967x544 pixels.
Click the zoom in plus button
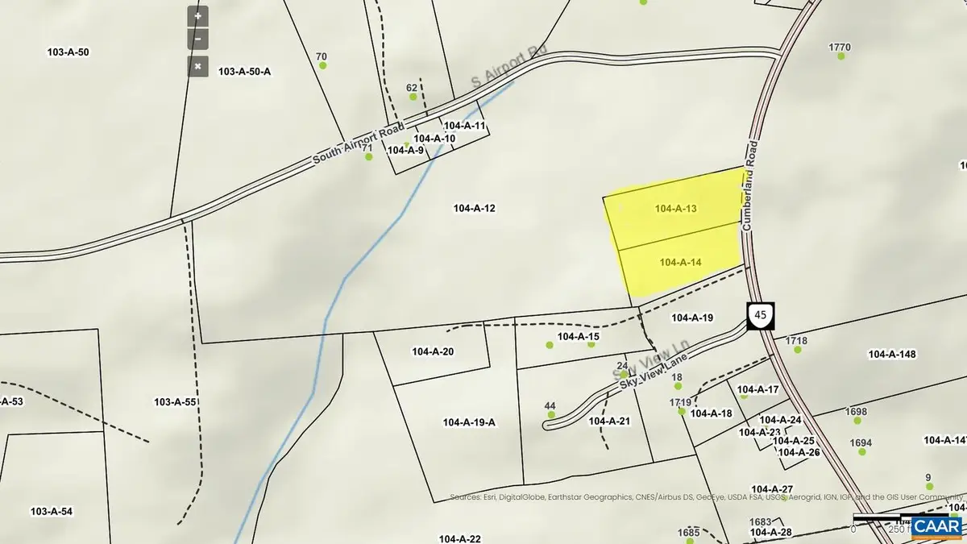(198, 15)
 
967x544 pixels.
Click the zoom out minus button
(198, 39)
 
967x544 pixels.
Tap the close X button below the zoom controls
(198, 66)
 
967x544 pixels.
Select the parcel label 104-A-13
(675, 209)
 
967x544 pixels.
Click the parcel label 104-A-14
(680, 262)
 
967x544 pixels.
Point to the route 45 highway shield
(760, 315)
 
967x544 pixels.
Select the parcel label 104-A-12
(474, 209)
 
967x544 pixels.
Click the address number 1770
(840, 48)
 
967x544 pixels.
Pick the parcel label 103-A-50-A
(244, 72)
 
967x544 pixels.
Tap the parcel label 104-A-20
(433, 352)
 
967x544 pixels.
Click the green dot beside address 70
(323, 65)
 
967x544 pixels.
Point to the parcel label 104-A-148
(893, 354)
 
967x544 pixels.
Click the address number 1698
(857, 412)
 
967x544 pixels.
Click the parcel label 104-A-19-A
(469, 422)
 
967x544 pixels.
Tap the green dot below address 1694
(861, 452)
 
